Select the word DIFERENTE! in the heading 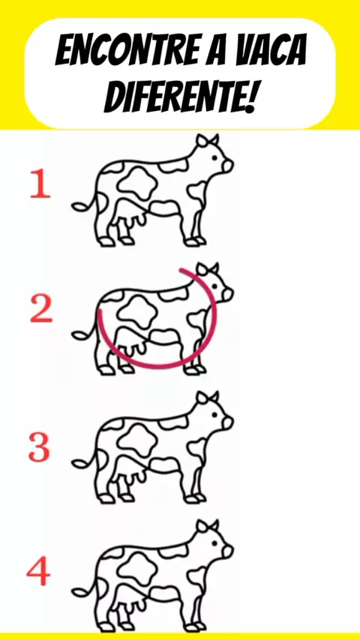pyautogui.click(x=180, y=97)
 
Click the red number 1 pyautogui.click(x=40, y=185)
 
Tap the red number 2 pyautogui.click(x=41, y=309)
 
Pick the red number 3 pyautogui.click(x=39, y=447)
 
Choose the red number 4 pyautogui.click(x=38, y=573)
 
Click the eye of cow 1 pyautogui.click(x=214, y=158)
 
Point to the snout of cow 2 pyautogui.click(x=227, y=295)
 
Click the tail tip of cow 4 pyautogui.click(x=78, y=592)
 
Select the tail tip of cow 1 pyautogui.click(x=78, y=207)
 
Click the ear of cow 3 pyautogui.click(x=202, y=397)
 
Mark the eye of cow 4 pyautogui.click(x=214, y=543)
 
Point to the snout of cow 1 pyautogui.click(x=227, y=166)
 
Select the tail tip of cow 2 pyautogui.click(x=78, y=336)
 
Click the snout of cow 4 pyautogui.click(x=227, y=551)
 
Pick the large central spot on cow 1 pyautogui.click(x=138, y=184)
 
